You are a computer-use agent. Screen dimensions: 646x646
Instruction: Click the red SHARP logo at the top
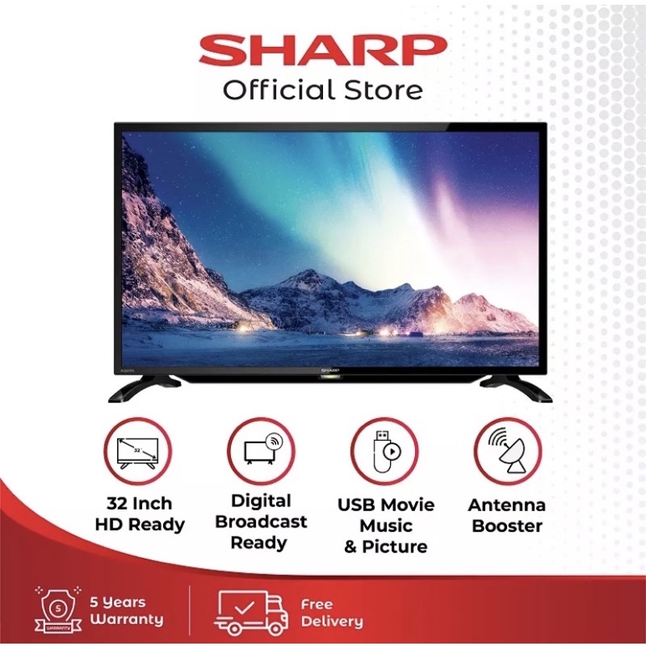tap(323, 50)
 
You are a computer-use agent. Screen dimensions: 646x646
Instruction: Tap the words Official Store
tap(323, 90)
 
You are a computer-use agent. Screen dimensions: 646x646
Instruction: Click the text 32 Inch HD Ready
tap(139, 514)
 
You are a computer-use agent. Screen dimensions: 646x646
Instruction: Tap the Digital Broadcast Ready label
tap(260, 522)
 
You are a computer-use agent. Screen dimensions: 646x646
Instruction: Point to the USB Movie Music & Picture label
tap(385, 526)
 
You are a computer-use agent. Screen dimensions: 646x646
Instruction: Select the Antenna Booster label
tap(506, 515)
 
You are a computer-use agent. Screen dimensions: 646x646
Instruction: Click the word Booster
tap(506, 526)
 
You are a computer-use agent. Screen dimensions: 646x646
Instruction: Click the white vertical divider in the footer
tap(189, 610)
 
